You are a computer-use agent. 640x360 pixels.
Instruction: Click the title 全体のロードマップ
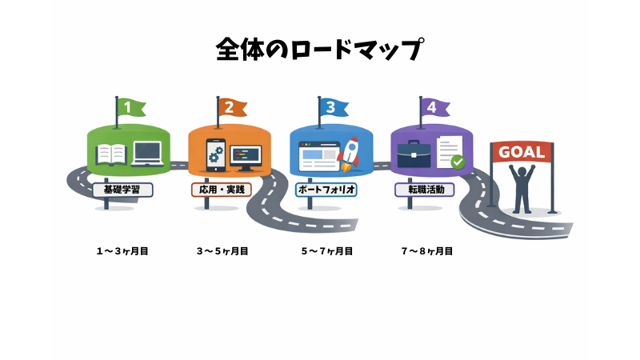(x=319, y=50)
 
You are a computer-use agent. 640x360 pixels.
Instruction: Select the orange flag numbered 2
(x=231, y=107)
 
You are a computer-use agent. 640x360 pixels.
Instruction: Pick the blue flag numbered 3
(x=332, y=107)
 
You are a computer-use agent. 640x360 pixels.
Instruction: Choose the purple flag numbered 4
(x=433, y=107)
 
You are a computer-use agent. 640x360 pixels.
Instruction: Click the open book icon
(x=111, y=154)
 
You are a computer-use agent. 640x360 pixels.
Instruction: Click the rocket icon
(x=348, y=154)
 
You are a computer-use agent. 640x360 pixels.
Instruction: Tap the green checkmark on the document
(x=458, y=162)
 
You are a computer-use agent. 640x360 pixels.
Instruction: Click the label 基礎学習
(x=122, y=190)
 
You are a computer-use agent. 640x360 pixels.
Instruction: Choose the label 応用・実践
(x=222, y=190)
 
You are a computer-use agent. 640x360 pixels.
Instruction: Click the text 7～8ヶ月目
(x=427, y=251)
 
